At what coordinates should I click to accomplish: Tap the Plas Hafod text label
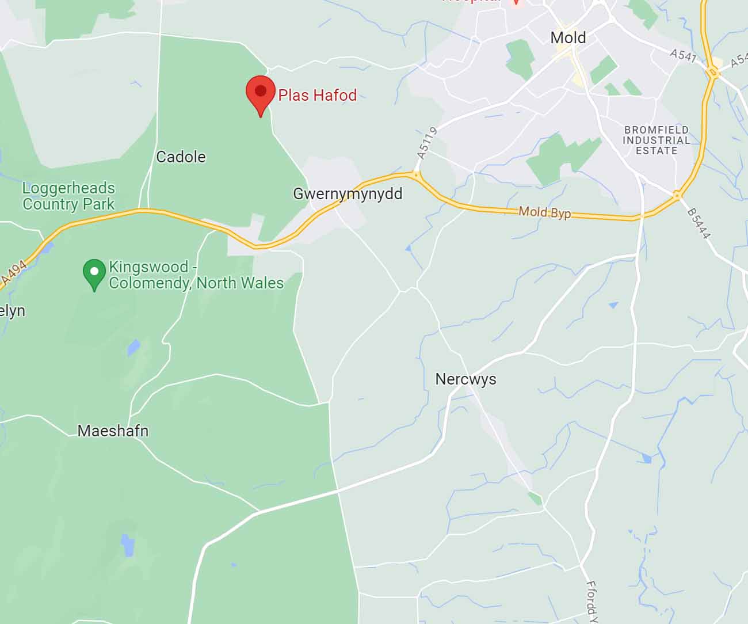[317, 95]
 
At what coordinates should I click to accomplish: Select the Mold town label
[568, 38]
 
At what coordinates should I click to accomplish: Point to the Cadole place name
[181, 157]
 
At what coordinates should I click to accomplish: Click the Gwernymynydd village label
[348, 194]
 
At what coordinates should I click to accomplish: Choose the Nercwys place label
[465, 379]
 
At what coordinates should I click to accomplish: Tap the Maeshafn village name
[113, 431]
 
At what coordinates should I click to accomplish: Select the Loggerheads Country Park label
[68, 196]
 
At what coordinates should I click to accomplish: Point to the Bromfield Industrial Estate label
[657, 140]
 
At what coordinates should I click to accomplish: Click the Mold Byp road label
[544, 212]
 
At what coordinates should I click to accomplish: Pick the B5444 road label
[700, 223]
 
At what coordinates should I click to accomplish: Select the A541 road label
[684, 56]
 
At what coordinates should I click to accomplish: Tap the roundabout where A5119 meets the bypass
[416, 173]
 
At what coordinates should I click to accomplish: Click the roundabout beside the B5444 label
[678, 196]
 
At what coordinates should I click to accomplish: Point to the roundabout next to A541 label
[713, 73]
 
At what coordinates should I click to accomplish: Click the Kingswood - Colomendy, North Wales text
[196, 275]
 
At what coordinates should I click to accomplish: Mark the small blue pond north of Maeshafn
[133, 348]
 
